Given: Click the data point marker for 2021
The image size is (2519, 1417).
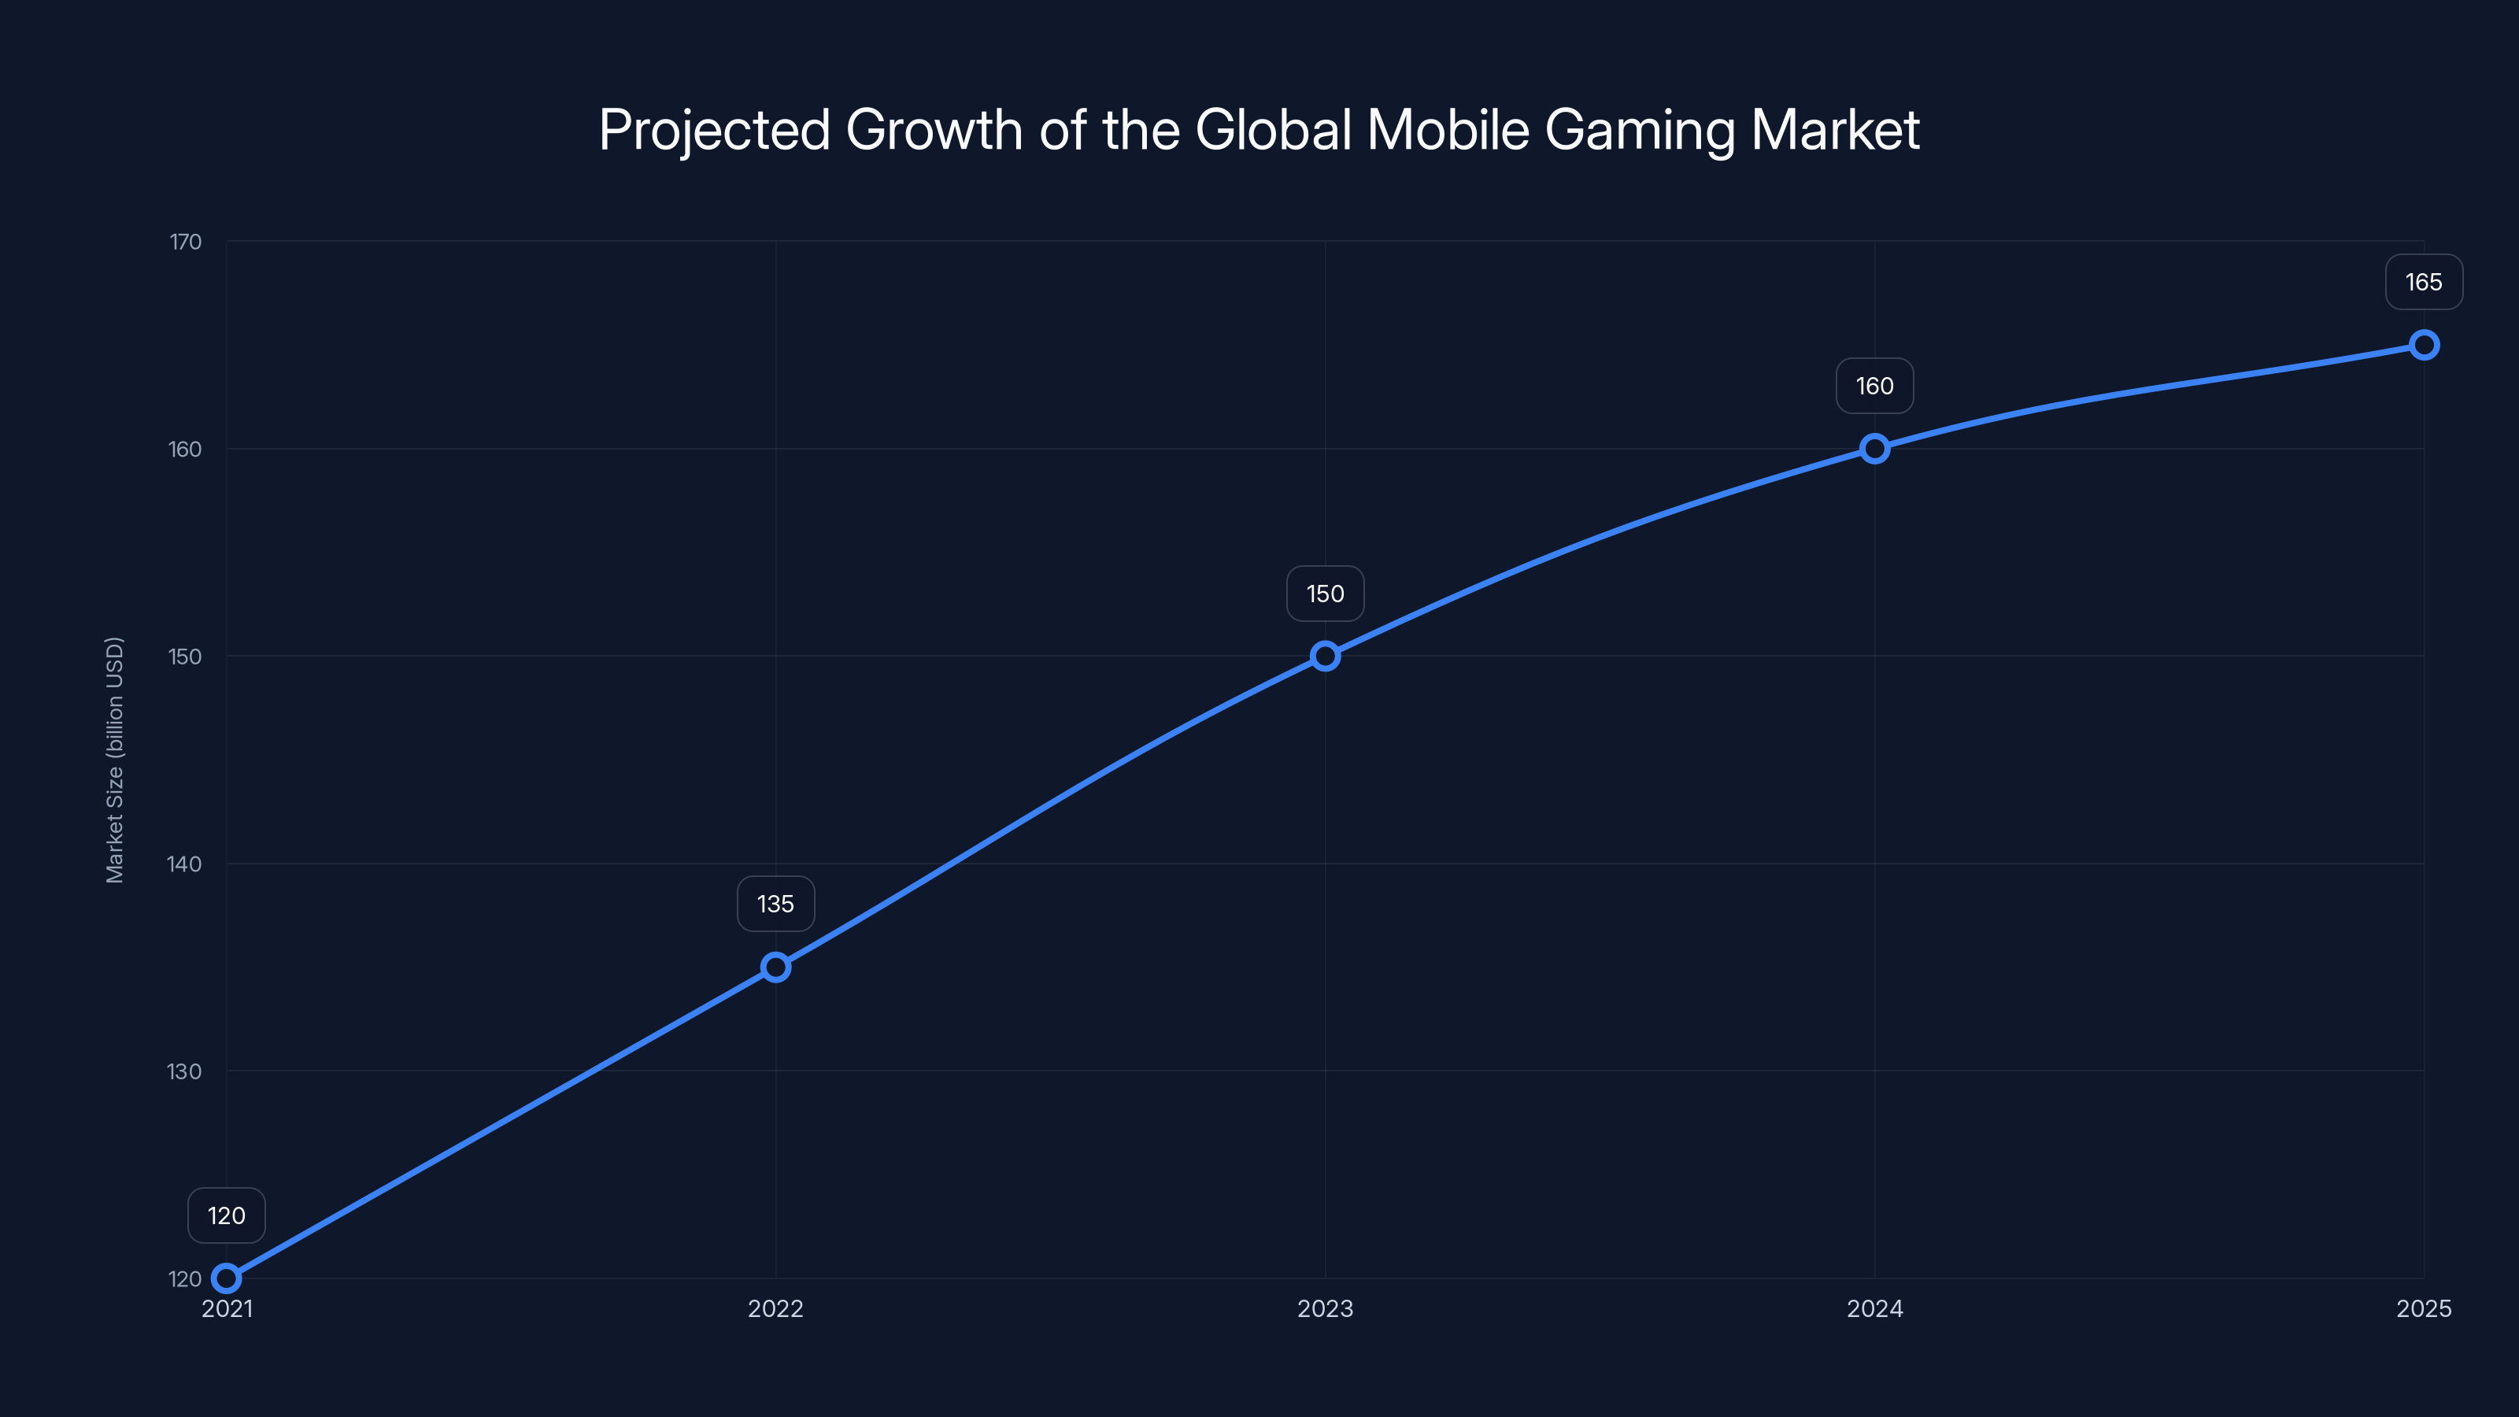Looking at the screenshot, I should click(227, 1278).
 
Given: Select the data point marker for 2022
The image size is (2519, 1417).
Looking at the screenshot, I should click(775, 967).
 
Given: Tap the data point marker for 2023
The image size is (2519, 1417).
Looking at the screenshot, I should click(1325, 657).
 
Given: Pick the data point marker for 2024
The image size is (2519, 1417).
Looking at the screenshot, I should click(1874, 449).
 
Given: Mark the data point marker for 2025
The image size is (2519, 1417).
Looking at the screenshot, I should click(2425, 346).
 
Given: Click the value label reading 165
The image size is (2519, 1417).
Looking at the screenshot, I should click(2425, 283).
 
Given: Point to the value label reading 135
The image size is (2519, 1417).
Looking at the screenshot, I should click(775, 904).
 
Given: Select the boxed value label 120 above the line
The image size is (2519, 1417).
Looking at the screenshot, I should click(227, 1215).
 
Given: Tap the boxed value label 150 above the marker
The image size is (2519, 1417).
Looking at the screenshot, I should click(1325, 594).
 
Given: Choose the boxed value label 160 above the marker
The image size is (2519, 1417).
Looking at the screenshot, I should click(1874, 387).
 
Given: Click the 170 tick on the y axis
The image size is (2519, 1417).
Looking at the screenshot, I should click(186, 242).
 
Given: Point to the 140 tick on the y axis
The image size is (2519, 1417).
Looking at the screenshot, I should click(185, 864).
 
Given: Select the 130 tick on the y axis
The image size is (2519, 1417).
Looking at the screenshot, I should click(185, 1071).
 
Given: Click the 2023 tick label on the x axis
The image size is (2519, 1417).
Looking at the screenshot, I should click(1325, 1308).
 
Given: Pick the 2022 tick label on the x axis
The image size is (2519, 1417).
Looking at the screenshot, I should click(775, 1308).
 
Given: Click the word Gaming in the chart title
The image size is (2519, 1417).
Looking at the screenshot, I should click(1639, 131).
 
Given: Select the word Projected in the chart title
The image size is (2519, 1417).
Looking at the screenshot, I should click(714, 131).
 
